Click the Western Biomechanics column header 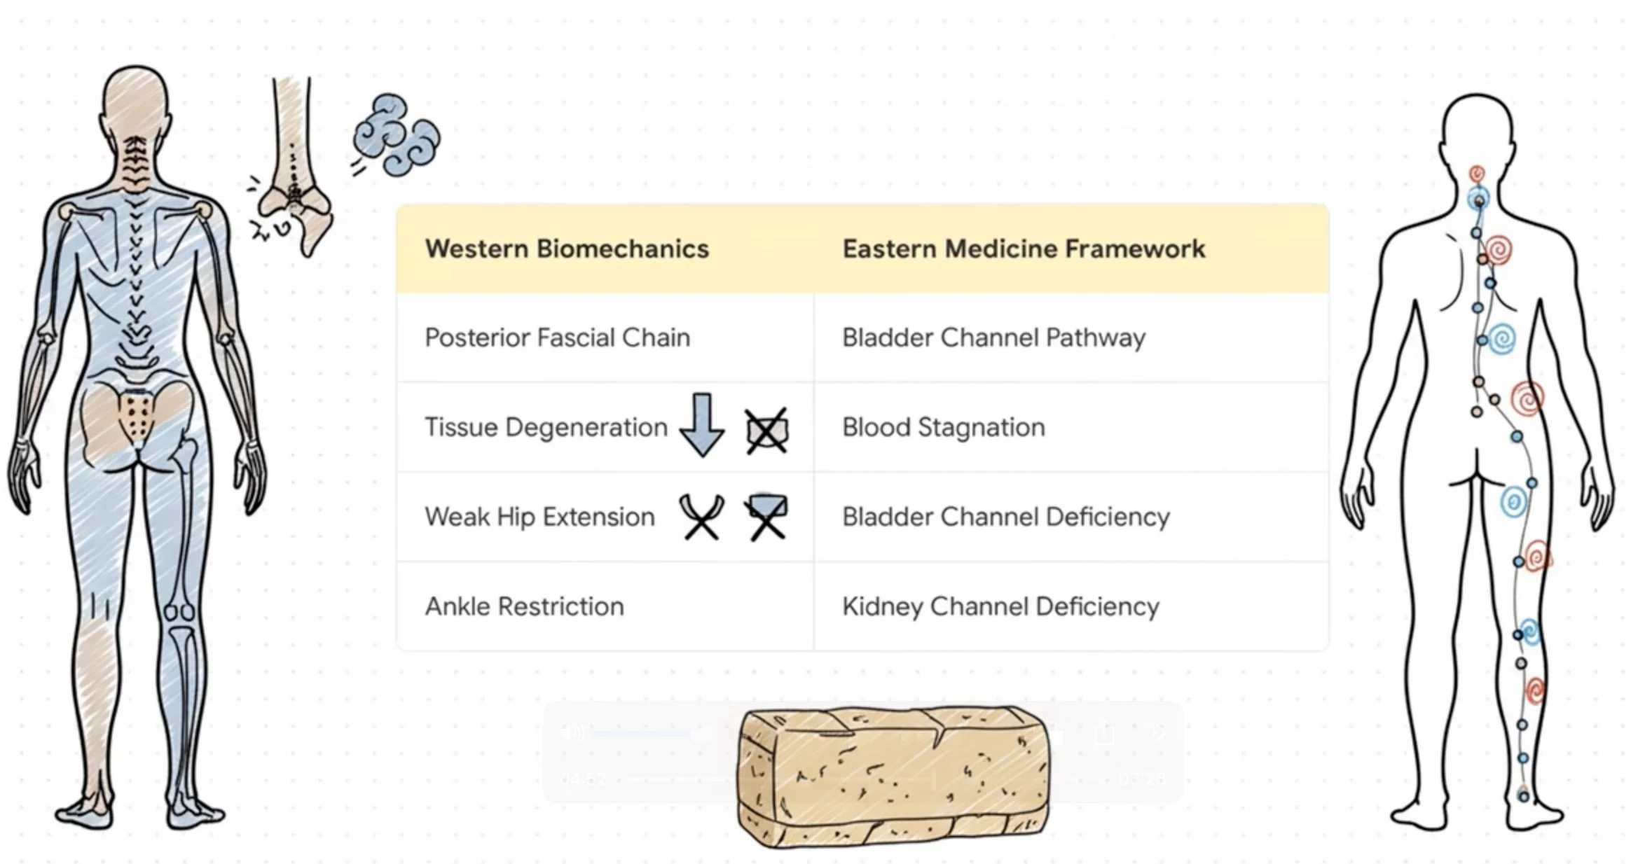567,249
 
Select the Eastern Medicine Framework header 1023,249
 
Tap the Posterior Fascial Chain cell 557,337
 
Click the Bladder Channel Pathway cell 993,337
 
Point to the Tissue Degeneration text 546,427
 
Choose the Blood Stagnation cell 943,427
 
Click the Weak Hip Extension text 539,517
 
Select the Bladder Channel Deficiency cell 1005,517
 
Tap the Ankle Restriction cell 524,606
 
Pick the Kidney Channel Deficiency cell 1000,606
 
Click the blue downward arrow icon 701,424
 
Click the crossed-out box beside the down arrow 766,431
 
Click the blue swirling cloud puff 396,134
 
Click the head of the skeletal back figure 136,102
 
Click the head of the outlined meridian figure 1478,130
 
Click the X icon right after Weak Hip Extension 701,517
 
